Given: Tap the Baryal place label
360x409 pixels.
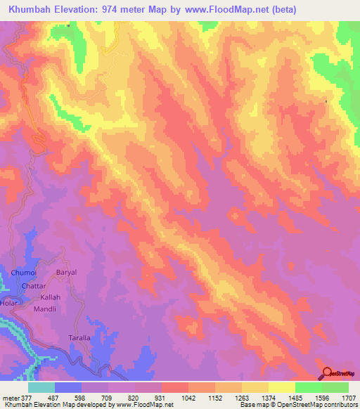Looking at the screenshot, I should (65, 272).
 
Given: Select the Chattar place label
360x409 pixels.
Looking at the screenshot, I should (33, 287).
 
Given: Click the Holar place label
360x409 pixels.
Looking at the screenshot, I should (8, 304).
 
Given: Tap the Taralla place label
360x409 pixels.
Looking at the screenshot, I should (79, 338).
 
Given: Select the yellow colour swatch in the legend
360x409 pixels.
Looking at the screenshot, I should (281, 387).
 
